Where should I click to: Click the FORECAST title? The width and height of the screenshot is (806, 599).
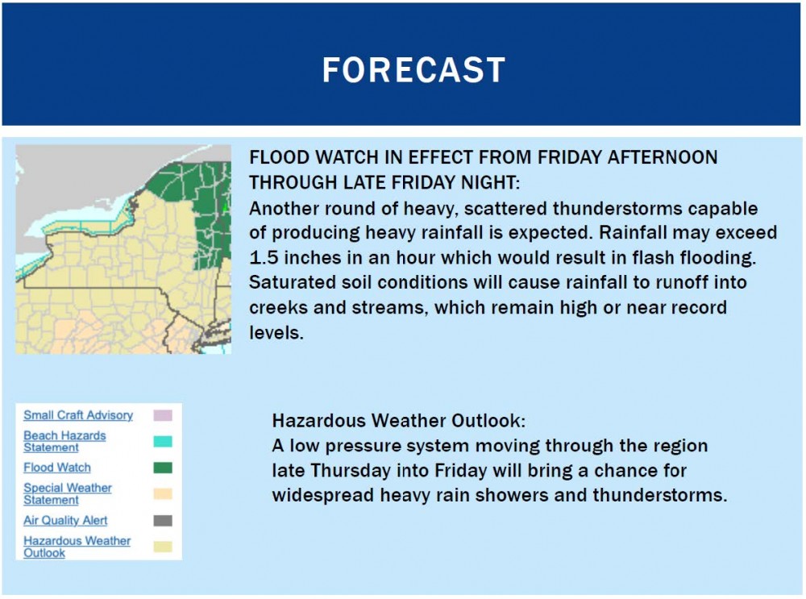click(413, 70)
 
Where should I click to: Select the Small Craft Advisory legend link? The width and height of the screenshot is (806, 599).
click(78, 415)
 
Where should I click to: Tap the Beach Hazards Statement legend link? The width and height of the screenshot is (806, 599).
click(64, 441)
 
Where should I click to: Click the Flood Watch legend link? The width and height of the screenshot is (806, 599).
click(57, 468)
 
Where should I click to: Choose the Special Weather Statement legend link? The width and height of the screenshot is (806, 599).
click(68, 493)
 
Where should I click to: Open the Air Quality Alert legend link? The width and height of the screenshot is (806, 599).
click(65, 520)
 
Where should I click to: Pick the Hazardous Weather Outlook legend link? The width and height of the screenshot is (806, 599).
click(77, 547)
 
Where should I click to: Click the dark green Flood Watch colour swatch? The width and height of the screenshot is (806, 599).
click(163, 468)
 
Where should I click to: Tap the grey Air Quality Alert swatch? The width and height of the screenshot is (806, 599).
click(163, 520)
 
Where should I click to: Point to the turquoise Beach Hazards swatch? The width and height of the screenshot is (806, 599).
click(163, 441)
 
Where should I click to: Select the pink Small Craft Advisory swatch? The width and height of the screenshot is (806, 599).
click(163, 415)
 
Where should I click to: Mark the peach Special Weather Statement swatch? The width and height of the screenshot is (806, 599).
click(163, 493)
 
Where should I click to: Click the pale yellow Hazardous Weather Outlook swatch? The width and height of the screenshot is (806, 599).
click(163, 547)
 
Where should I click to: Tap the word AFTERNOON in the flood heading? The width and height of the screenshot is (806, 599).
click(663, 157)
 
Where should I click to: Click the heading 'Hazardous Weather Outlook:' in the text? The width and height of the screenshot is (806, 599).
click(399, 421)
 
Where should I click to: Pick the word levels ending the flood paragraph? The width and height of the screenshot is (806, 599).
click(276, 333)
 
